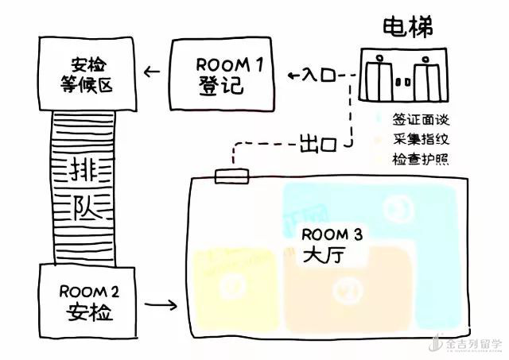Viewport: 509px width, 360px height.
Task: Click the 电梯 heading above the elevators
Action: [x=406, y=27]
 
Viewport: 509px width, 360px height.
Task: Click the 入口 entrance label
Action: [x=319, y=76]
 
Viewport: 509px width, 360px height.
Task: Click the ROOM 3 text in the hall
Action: [x=332, y=234]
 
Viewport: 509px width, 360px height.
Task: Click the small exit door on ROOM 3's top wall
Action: [x=232, y=176]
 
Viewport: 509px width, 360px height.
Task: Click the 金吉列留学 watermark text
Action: [x=472, y=345]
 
